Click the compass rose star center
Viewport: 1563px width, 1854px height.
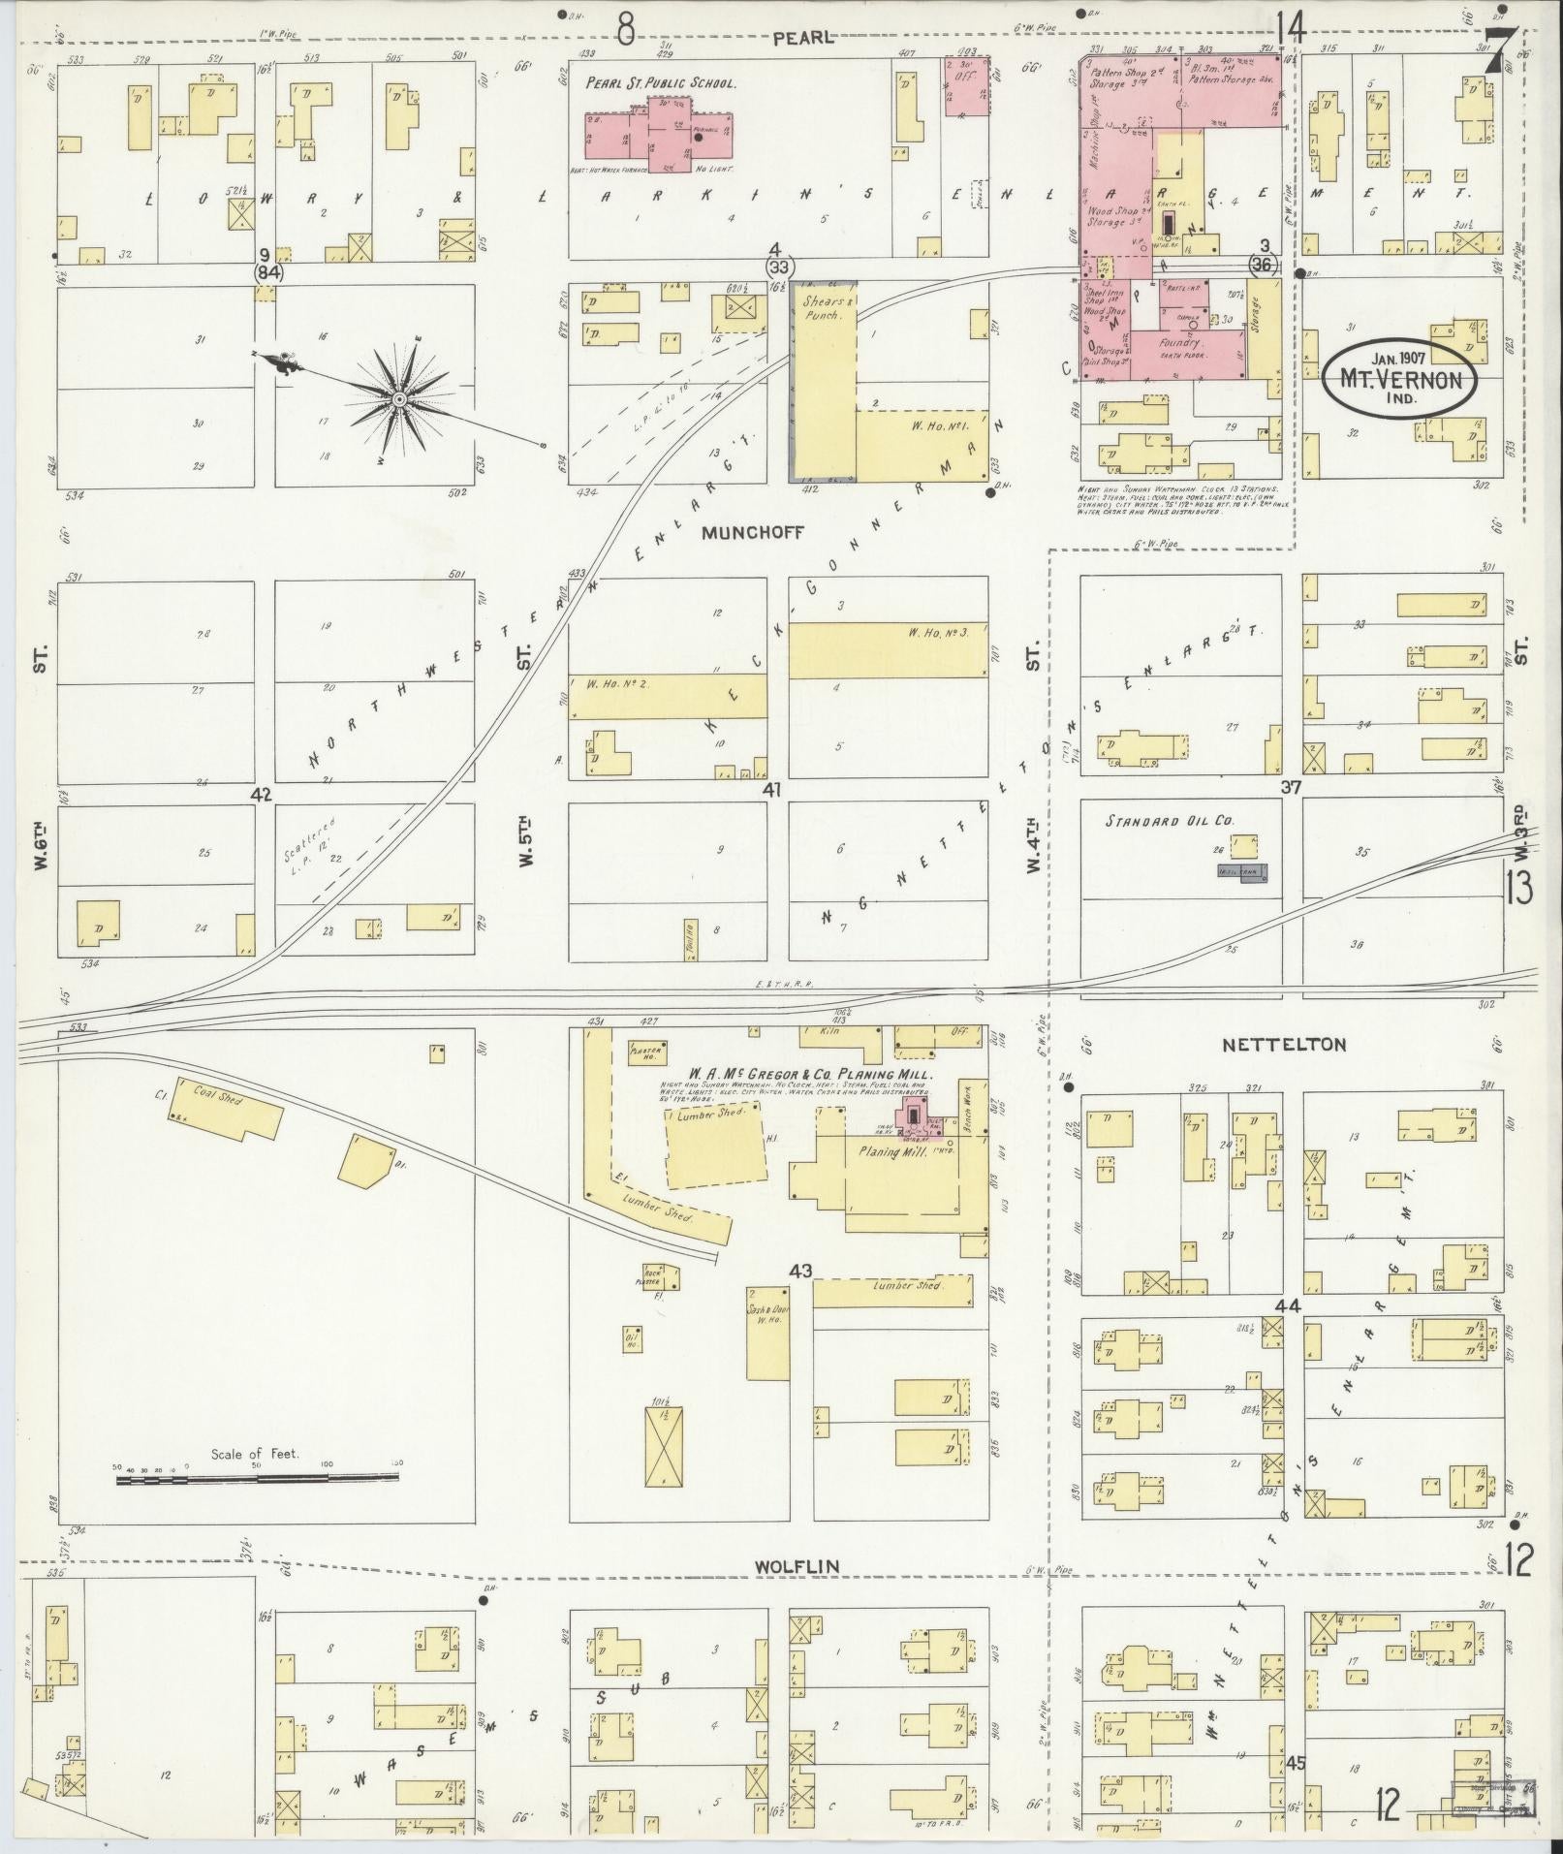398,398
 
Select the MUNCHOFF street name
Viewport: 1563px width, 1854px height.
741,532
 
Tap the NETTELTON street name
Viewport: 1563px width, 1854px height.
1283,1045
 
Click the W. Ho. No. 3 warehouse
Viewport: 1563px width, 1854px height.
888,649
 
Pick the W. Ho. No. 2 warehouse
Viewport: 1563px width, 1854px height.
667,697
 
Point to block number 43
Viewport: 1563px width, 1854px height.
800,1271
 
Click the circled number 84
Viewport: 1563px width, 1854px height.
268,273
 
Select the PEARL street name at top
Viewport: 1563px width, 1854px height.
802,37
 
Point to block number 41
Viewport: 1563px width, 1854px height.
772,790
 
